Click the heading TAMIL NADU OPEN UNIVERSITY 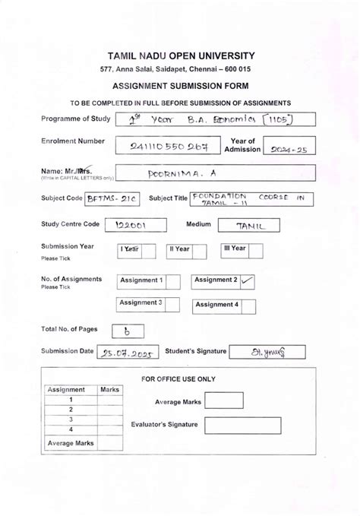coord(181,56)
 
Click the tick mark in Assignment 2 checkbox coord(247,281)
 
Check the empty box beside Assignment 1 coord(172,282)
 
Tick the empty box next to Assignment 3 coord(172,305)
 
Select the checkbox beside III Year coord(256,251)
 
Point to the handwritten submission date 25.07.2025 coord(128,353)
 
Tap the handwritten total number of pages coord(127,331)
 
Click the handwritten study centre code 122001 coord(130,225)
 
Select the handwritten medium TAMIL coord(248,225)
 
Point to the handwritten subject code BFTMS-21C coord(113,199)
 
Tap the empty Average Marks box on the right coord(223,401)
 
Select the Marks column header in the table coord(110,390)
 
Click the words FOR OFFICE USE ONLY coord(178,378)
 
